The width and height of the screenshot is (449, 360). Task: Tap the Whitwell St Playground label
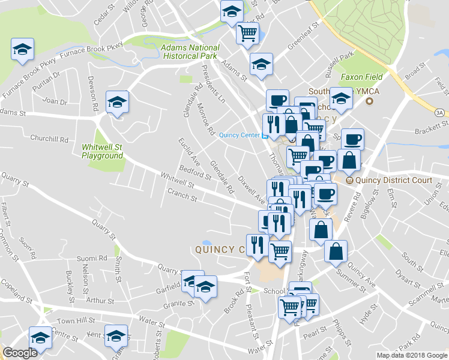click(x=102, y=151)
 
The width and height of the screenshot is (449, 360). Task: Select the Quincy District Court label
click(x=393, y=180)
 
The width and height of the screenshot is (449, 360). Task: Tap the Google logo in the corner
click(x=20, y=353)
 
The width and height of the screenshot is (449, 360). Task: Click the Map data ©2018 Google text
click(x=411, y=355)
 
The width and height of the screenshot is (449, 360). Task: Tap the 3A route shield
click(x=439, y=112)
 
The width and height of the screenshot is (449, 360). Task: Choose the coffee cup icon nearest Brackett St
click(x=352, y=139)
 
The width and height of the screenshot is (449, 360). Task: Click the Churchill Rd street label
click(x=51, y=139)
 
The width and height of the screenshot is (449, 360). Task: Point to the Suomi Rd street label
click(x=91, y=259)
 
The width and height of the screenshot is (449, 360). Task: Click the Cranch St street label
click(x=182, y=196)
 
